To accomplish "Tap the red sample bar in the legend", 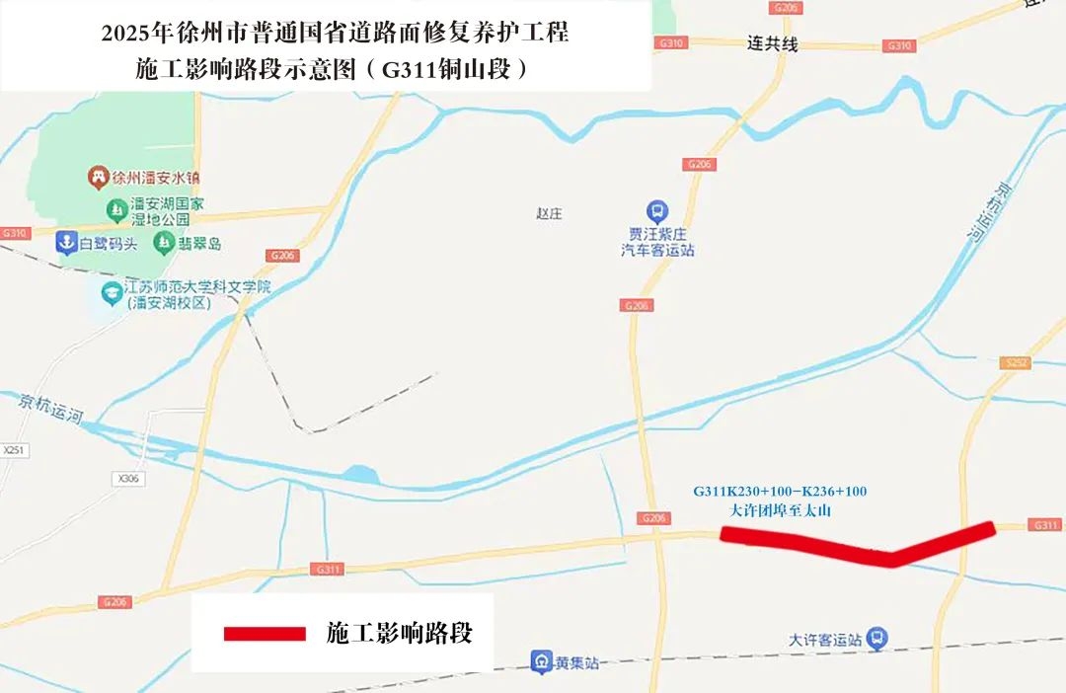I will pos(265,634).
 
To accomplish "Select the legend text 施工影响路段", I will pos(399,634).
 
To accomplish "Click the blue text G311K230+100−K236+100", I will pos(780,491).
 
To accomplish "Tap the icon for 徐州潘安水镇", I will pos(98,178).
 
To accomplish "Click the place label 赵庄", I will pos(549,214).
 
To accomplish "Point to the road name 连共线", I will pos(771,44).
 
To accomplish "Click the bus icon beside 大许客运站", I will pos(876,640).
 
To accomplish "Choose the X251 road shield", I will pos(13,450).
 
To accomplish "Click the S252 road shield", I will pos(1016,363).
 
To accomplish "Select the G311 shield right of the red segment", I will pos(1044,525).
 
